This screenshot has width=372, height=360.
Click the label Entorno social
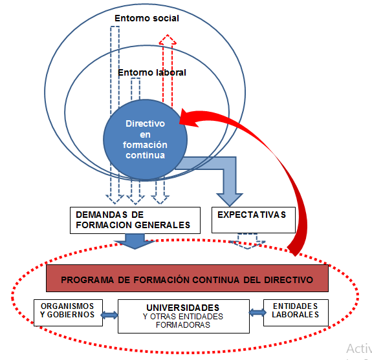pyautogui.click(x=147, y=18)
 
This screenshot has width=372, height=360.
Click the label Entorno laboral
pyautogui.click(x=152, y=72)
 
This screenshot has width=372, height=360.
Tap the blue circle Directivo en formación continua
pyautogui.click(x=146, y=139)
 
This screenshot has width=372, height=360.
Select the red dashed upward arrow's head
pyautogui.click(x=168, y=41)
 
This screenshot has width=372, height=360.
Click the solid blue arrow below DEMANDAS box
pyautogui.click(x=135, y=241)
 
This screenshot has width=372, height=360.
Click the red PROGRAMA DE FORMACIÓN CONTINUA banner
pyautogui.click(x=187, y=279)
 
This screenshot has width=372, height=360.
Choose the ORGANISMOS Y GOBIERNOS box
pyautogui.click(x=68, y=312)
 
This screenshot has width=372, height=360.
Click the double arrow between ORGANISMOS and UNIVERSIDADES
pyautogui.click(x=108, y=315)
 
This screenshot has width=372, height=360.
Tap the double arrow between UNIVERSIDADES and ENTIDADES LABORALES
pyautogui.click(x=257, y=313)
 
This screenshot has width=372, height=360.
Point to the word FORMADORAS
pyautogui.click(x=183, y=325)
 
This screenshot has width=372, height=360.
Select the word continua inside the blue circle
pyautogui.click(x=146, y=155)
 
